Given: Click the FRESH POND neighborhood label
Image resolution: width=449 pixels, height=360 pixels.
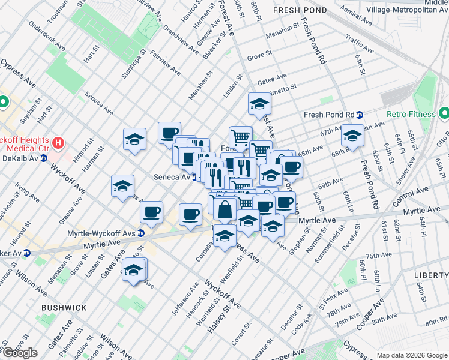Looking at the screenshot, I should point(300,10).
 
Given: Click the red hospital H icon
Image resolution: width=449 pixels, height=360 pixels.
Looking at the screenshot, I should point(58,143).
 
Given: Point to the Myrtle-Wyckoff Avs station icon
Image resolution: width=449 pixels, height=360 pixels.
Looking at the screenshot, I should point(140,233).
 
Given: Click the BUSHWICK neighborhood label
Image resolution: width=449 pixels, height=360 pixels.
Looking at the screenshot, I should point(64,307).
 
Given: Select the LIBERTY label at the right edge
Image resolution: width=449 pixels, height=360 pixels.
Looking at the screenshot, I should point(431,275).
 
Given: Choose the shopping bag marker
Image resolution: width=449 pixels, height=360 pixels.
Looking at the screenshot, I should point(225,209).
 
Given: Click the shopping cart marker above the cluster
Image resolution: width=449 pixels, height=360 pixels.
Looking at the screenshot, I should point(240,137).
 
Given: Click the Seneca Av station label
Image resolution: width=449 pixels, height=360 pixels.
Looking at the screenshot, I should point(172,178).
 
